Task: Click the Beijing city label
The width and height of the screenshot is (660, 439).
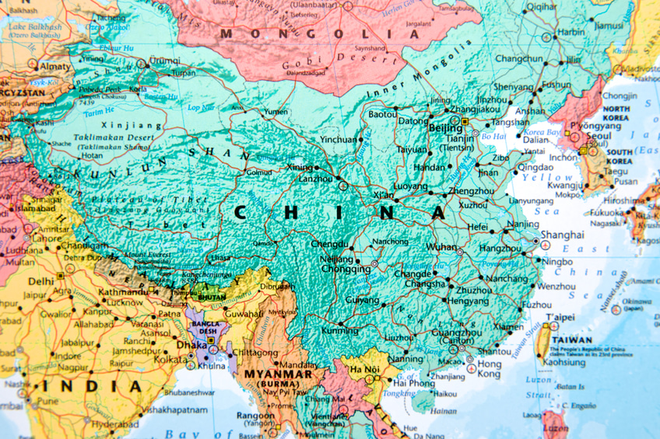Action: click(x=445, y=127)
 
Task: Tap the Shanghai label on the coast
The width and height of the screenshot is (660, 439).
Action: click(x=562, y=235)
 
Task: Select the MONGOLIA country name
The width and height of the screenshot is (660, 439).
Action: click(x=319, y=34)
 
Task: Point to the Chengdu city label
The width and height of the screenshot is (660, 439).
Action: click(x=329, y=244)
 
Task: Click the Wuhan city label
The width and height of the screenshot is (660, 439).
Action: click(x=441, y=247)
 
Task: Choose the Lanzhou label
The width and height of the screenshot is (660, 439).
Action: click(x=315, y=179)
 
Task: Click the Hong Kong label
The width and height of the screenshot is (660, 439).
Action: click(x=489, y=369)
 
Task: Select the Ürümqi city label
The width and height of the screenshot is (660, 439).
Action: click(x=164, y=60)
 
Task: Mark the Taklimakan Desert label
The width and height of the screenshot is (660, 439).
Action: click(x=114, y=138)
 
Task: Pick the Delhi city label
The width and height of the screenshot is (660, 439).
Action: click(x=41, y=282)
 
